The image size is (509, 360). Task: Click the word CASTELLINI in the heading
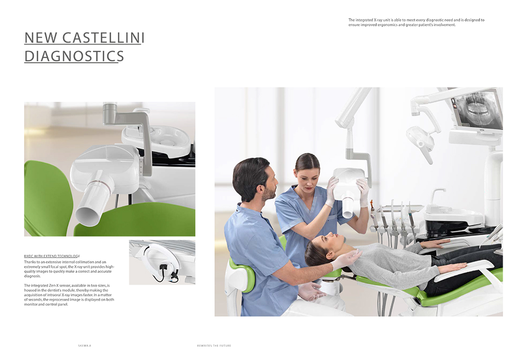[x=103, y=38]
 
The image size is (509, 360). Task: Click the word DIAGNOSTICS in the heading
[x=74, y=56]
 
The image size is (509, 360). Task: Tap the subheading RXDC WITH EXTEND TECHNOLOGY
[x=52, y=256]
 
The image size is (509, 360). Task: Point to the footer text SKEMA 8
[x=84, y=345]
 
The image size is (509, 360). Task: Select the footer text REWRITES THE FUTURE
[x=214, y=345]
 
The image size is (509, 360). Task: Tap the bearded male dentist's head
[x=255, y=179]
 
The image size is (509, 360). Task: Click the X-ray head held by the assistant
[x=348, y=189]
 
